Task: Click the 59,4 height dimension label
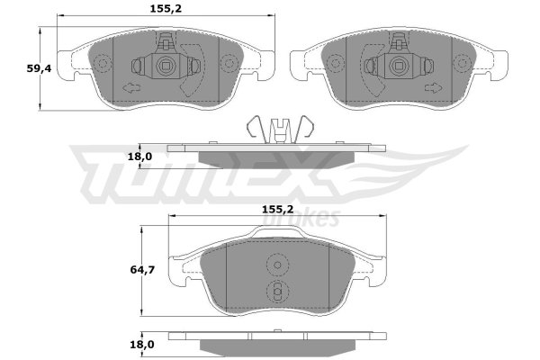coord(39,69)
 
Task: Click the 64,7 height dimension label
coord(142,270)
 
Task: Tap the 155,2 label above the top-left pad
coord(166,9)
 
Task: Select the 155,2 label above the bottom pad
coord(278,209)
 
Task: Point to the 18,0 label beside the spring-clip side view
coord(139,157)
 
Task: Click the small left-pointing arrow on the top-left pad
coord(131,88)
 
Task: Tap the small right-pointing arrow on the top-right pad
coord(434,88)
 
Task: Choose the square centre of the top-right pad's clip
coord(399,66)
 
